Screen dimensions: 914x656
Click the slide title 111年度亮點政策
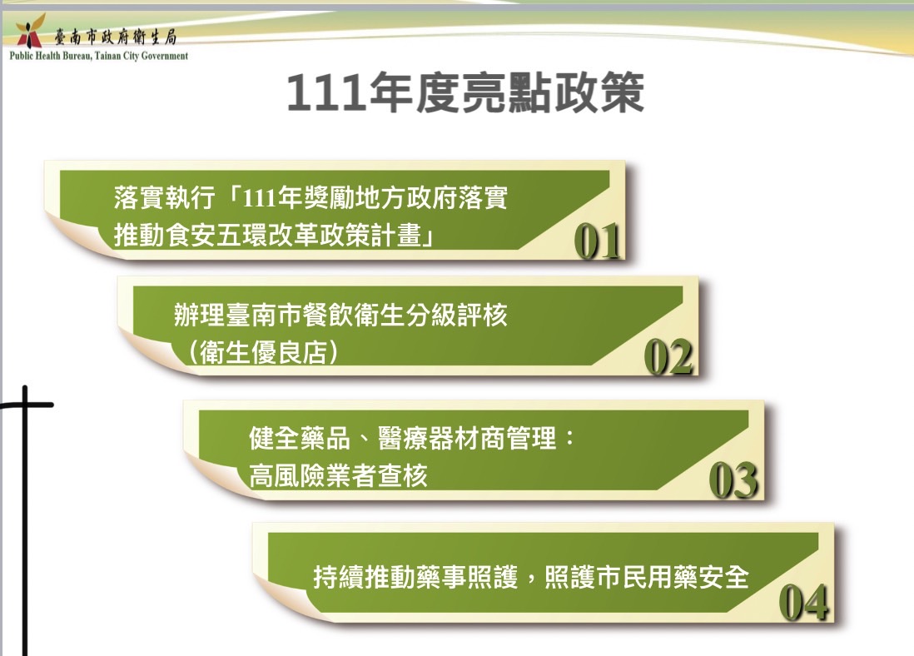[x=465, y=92]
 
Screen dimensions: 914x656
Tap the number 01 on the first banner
[x=597, y=241]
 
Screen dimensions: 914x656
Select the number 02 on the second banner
[x=668, y=357]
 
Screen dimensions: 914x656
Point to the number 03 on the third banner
[x=734, y=480]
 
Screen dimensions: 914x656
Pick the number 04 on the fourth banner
[x=804, y=602]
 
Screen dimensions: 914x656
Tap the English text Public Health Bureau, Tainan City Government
[x=98, y=56]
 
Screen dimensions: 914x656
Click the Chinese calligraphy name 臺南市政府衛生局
[x=116, y=37]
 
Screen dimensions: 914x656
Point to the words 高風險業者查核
[x=338, y=475]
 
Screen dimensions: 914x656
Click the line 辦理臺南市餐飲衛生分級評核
[x=340, y=315]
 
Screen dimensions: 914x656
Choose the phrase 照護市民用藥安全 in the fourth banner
[x=647, y=577]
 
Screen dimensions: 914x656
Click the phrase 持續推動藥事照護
[x=415, y=577]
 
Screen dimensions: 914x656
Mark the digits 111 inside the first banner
[x=258, y=198]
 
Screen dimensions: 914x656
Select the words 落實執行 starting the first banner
[x=164, y=197]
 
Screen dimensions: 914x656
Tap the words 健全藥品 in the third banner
[x=299, y=438]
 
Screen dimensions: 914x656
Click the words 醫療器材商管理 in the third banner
[x=466, y=438]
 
